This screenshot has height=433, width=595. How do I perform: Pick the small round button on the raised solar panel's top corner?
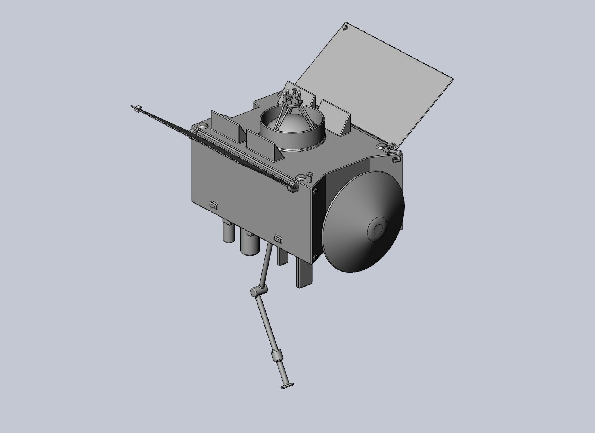click(x=345, y=27)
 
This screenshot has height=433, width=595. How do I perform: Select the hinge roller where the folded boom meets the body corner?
click(x=292, y=186)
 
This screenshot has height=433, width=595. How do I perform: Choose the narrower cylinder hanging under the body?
click(x=227, y=231)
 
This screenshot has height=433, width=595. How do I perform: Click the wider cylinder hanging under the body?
click(x=249, y=243)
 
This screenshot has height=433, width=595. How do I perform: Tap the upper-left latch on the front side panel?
click(x=213, y=204)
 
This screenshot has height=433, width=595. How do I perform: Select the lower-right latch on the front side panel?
click(x=278, y=238)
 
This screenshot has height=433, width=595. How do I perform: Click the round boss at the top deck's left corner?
click(x=202, y=125)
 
